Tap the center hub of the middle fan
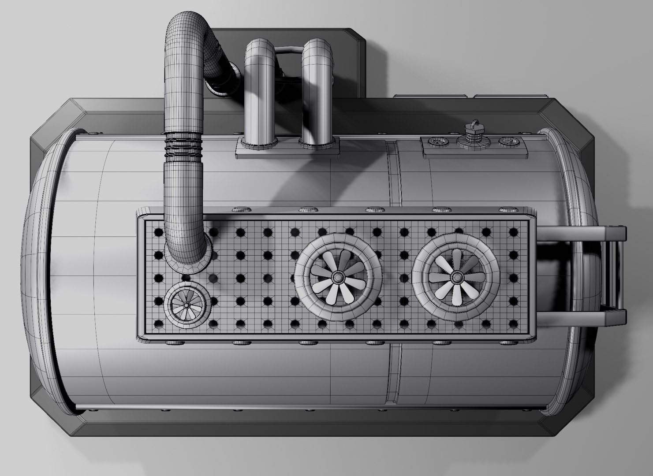(x=337, y=277)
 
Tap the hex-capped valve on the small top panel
(x=473, y=132)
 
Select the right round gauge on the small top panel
(x=508, y=142)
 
